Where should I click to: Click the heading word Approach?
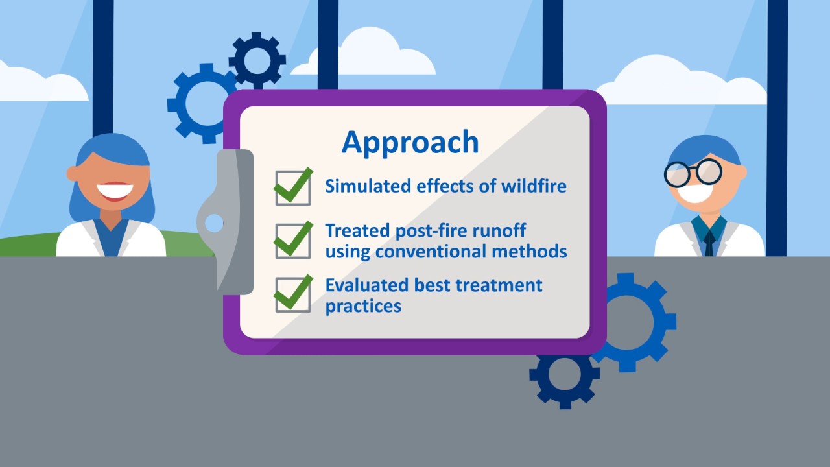tap(410, 143)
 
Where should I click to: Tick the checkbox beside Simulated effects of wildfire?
tap(292, 188)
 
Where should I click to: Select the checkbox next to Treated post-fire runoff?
tap(292, 241)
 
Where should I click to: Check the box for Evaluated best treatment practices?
tap(292, 294)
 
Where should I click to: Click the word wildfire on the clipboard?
tap(534, 186)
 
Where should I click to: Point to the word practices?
tap(363, 307)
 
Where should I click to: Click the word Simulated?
tap(368, 186)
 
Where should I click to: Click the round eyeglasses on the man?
tap(693, 173)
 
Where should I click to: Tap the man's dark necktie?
tap(709, 243)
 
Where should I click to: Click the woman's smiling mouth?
tap(115, 191)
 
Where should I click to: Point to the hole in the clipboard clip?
tap(214, 223)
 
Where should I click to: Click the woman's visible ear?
tap(72, 173)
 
